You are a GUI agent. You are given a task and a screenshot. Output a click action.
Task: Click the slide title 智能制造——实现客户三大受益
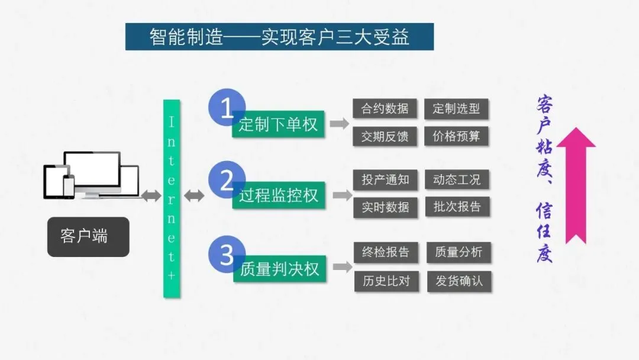(279, 37)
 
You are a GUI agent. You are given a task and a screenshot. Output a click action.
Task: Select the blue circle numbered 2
(226, 180)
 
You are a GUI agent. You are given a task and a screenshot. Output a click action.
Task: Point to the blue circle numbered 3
(226, 255)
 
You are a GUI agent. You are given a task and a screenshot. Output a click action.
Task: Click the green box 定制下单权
(278, 124)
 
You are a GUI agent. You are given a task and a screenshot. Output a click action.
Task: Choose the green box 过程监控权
(278, 196)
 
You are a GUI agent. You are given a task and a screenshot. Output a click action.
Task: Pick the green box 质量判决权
(279, 269)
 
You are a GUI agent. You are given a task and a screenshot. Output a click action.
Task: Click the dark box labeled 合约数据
(385, 108)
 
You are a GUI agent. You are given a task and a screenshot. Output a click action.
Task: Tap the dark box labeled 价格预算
(456, 136)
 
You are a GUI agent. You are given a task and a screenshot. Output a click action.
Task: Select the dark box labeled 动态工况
(457, 179)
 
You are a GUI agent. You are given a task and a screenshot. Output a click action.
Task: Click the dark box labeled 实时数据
(385, 207)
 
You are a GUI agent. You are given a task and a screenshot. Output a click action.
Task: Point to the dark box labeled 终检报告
(386, 252)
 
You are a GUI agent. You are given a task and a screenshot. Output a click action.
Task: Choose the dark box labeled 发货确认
(459, 281)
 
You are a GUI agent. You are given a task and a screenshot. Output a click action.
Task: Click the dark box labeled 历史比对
(386, 281)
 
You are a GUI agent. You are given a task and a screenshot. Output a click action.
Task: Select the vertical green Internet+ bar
(172, 198)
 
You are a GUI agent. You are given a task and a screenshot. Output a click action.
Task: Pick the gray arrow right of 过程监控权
(342, 195)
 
